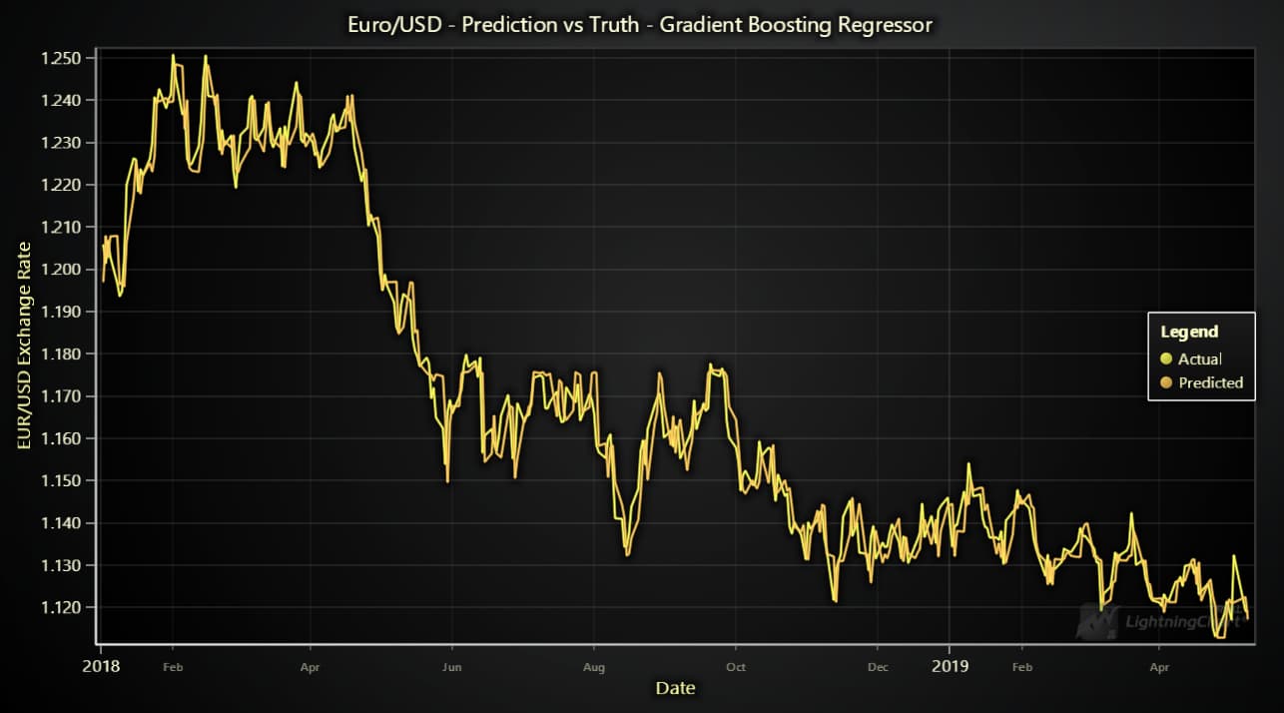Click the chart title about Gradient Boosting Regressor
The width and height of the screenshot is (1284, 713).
pos(641,24)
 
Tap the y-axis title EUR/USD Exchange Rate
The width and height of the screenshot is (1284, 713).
pos(24,346)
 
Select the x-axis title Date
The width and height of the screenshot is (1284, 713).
pos(675,687)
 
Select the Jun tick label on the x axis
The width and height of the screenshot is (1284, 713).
pos(452,666)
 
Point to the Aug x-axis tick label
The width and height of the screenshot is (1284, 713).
pos(594,666)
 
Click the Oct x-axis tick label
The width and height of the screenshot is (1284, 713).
pos(736,666)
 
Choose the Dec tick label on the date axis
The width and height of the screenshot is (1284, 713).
pos(878,666)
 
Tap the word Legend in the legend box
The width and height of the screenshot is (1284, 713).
pos(1189,333)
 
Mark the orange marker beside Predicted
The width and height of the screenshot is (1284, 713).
pos(1166,382)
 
